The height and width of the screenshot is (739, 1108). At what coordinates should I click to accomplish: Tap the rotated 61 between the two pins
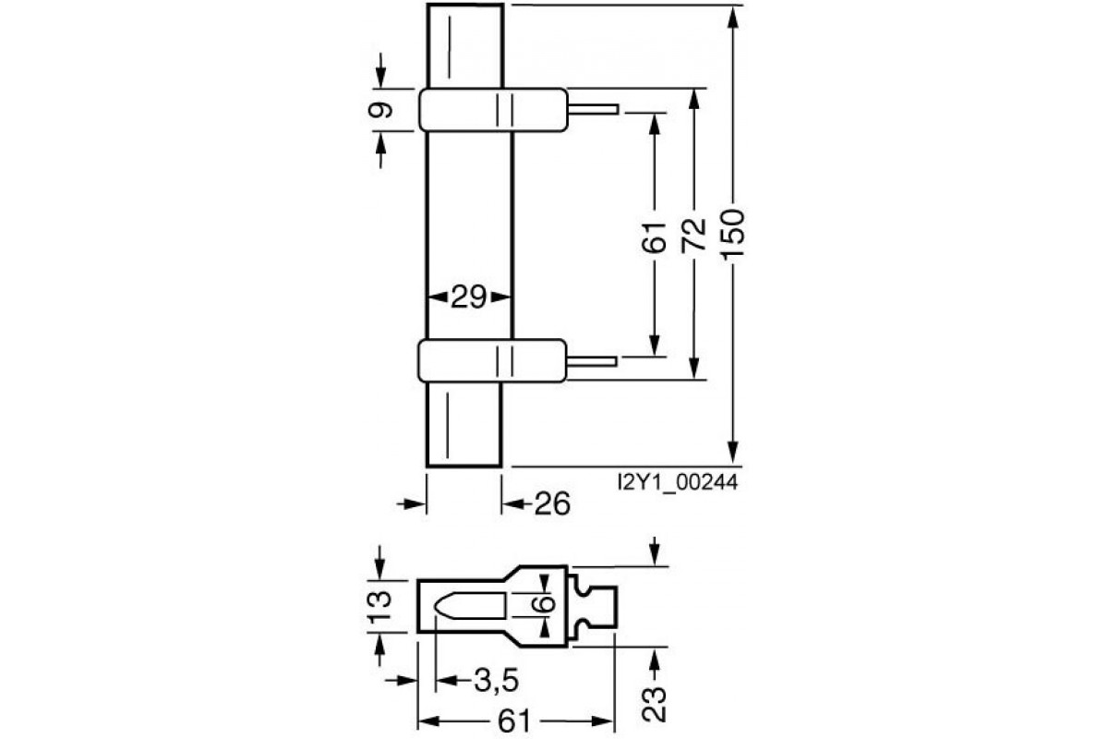tap(654, 237)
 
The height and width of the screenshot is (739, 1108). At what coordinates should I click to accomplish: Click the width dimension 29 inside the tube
tap(469, 297)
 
